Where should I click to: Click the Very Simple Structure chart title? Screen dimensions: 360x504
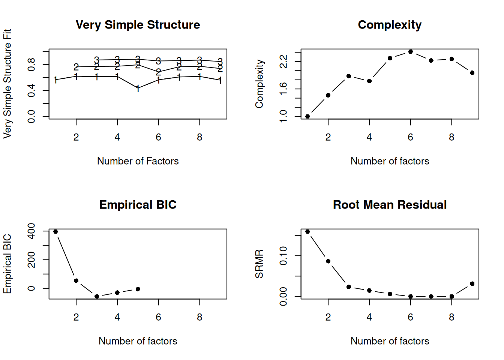pyautogui.click(x=138, y=25)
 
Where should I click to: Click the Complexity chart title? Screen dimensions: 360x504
pyautogui.click(x=390, y=25)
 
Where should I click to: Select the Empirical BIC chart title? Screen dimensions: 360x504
pyautogui.click(x=138, y=205)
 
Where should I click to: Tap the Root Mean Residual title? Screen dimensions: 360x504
pyautogui.click(x=390, y=205)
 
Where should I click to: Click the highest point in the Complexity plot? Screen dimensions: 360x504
pyautogui.click(x=410, y=52)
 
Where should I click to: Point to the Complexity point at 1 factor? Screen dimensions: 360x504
pyautogui.click(x=307, y=117)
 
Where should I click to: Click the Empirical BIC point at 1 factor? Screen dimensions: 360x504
pyautogui.click(x=55, y=232)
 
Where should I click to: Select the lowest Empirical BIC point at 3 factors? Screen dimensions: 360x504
pyautogui.click(x=97, y=297)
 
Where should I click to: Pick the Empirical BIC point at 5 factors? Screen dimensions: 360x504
pyautogui.click(x=138, y=289)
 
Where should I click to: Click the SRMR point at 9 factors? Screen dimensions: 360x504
pyautogui.click(x=472, y=284)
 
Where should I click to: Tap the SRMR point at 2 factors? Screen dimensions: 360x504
pyautogui.click(x=328, y=261)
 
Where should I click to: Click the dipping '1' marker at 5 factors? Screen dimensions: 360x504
pyautogui.click(x=138, y=88)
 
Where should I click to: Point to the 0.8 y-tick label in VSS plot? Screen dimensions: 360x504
pyautogui.click(x=31, y=64)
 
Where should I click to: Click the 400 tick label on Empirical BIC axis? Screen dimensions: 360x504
pyautogui.click(x=31, y=231)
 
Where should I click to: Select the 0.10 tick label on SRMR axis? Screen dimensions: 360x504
pyautogui.click(x=283, y=256)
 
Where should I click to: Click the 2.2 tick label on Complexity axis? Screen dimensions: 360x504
pyautogui.click(x=283, y=61)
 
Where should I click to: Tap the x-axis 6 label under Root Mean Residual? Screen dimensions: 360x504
pyautogui.click(x=410, y=317)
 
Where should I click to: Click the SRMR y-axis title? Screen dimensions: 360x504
pyautogui.click(x=259, y=264)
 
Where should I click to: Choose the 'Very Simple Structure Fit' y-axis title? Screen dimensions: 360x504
pyautogui.click(x=7, y=84)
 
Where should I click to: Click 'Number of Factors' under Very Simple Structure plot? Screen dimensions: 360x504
pyautogui.click(x=138, y=161)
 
